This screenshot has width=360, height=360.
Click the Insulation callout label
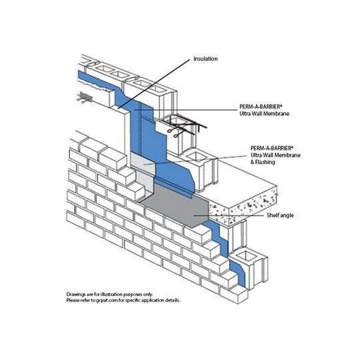[205, 59]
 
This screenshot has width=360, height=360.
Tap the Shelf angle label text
[280, 215]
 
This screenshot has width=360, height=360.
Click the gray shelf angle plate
[175, 205]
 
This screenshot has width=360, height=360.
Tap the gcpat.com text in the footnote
[107, 300]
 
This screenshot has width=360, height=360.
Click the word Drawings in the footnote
[75, 295]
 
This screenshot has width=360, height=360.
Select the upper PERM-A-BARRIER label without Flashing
[264, 110]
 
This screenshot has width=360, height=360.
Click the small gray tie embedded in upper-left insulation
[85, 97]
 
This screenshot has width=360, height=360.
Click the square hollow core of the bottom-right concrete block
[245, 256]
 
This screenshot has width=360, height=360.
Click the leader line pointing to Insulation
[154, 84]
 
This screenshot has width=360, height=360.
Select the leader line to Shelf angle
[229, 215]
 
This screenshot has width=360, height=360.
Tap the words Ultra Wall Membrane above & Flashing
[275, 155]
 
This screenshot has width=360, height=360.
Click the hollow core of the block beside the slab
[195, 157]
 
